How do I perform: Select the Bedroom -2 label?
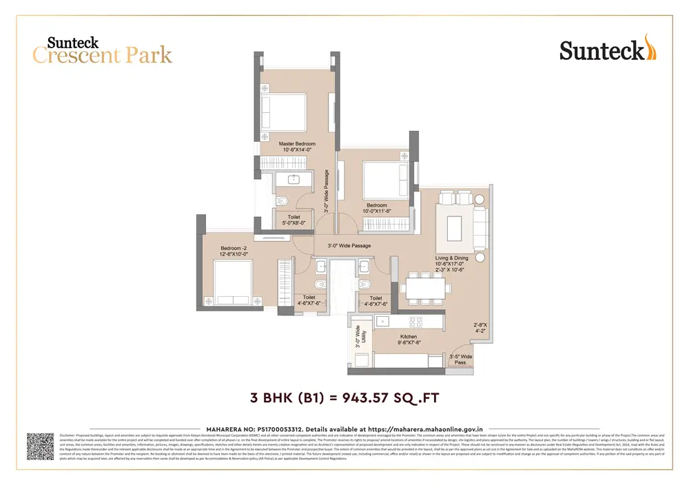[234, 251]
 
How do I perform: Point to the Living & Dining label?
[451, 260]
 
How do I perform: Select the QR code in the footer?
[40, 446]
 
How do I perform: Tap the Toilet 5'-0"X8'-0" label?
[294, 220]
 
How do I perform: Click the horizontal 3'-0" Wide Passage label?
[349, 245]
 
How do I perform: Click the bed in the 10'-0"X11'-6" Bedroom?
[385, 180]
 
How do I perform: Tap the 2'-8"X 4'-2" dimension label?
[480, 327]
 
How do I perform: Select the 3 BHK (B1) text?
[285, 397]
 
